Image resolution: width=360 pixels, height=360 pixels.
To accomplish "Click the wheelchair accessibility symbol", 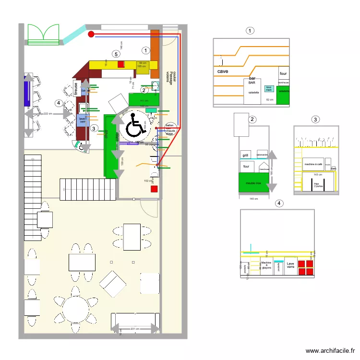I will pos(136,127).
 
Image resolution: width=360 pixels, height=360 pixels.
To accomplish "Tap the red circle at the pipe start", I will pos(91,34).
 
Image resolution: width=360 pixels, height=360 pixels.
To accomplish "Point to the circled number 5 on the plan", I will pos(116,54).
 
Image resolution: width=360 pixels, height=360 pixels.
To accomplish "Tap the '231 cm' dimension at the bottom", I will pos(135,329).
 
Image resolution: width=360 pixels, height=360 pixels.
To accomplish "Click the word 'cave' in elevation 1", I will pos(223,72).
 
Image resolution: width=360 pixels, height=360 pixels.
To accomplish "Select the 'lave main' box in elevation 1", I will pos(269,88).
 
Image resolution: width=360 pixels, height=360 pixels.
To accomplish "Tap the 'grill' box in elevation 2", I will pos(246,155).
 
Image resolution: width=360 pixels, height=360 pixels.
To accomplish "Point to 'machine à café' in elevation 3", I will pos(312,164).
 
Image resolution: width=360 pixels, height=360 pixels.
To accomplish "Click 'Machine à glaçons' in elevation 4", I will pos(266,265).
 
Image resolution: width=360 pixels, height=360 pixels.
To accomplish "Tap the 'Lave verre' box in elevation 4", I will pos(290,265).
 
